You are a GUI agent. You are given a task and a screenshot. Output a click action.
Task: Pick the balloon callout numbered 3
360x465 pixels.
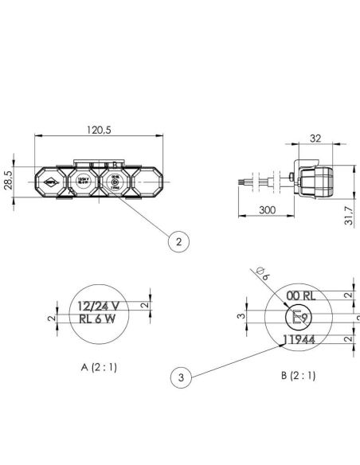click(x=182, y=378)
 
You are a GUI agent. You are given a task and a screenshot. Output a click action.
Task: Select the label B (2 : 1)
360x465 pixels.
click(x=299, y=374)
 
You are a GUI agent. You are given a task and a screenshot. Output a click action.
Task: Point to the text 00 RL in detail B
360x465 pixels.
click(x=300, y=295)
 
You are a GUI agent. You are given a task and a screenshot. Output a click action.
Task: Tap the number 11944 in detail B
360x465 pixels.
click(x=299, y=340)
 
